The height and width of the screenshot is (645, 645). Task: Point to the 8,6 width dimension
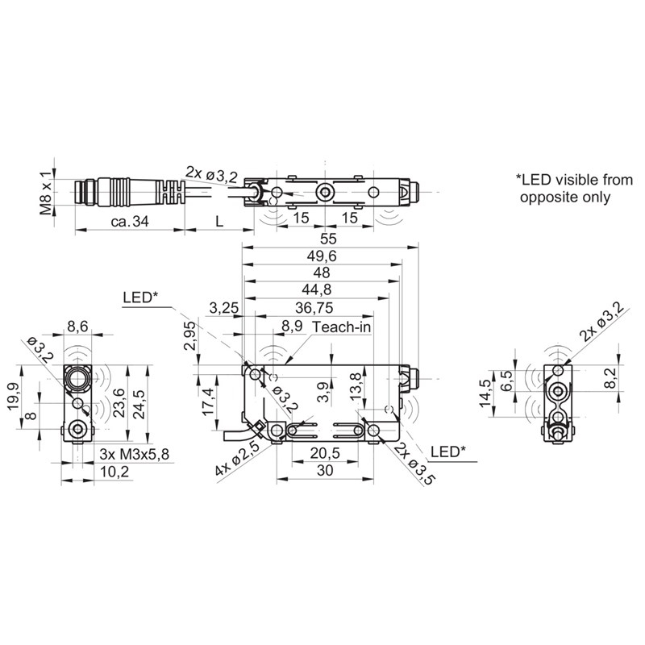point(77,327)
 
